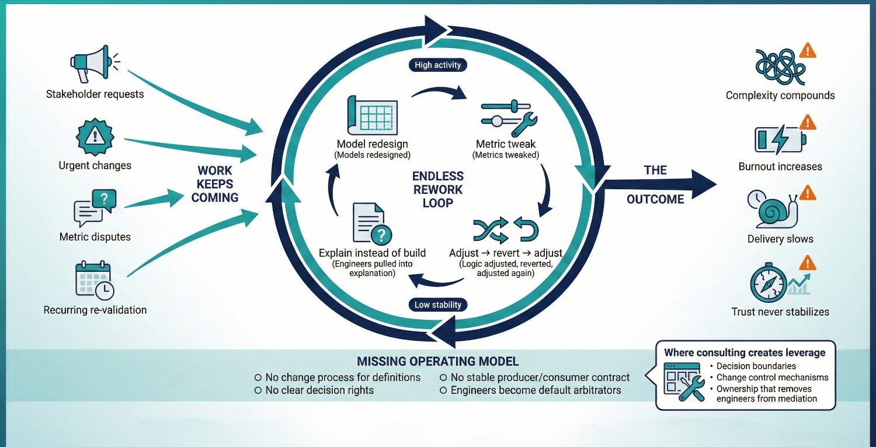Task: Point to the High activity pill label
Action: click(x=437, y=65)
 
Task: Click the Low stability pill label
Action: click(x=438, y=305)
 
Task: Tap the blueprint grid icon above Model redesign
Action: click(x=372, y=114)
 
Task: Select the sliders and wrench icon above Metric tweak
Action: click(x=505, y=116)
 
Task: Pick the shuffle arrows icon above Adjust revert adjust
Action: click(x=489, y=230)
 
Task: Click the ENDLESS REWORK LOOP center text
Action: click(x=438, y=189)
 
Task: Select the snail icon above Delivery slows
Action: click(x=773, y=209)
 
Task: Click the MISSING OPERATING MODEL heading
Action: click(x=437, y=361)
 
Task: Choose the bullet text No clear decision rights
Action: click(x=319, y=390)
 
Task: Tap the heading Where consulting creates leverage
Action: click(x=745, y=352)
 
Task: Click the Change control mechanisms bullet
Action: click(x=772, y=377)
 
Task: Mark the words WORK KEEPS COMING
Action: click(x=215, y=184)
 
